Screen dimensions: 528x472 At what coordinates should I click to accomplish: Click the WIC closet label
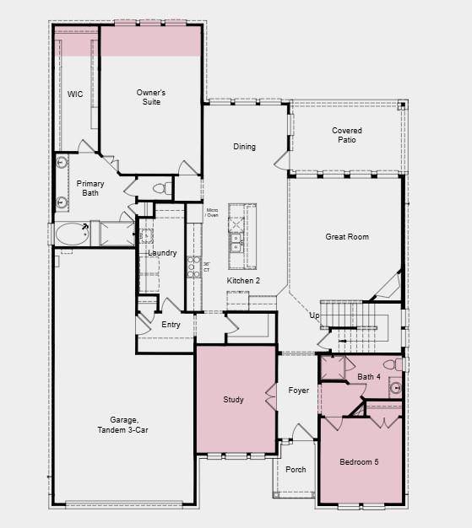click(x=75, y=94)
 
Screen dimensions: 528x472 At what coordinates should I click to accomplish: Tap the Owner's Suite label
click(x=150, y=97)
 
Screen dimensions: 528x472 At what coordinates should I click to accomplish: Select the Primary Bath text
click(x=90, y=188)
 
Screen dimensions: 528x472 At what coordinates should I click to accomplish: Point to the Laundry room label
click(x=162, y=253)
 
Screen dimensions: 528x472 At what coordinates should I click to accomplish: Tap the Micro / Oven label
click(x=213, y=211)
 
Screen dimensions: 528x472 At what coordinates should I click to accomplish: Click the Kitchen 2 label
click(x=243, y=280)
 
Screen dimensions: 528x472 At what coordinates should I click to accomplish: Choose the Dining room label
click(x=244, y=147)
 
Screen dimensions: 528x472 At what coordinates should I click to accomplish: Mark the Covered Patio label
click(x=346, y=135)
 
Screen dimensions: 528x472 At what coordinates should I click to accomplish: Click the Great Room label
click(x=347, y=237)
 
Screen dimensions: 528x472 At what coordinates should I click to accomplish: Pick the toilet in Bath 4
click(x=390, y=365)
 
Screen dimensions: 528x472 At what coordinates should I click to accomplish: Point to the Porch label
click(x=296, y=470)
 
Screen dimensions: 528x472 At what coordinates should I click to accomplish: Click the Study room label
click(x=233, y=400)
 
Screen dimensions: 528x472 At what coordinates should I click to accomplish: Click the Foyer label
click(x=298, y=391)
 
